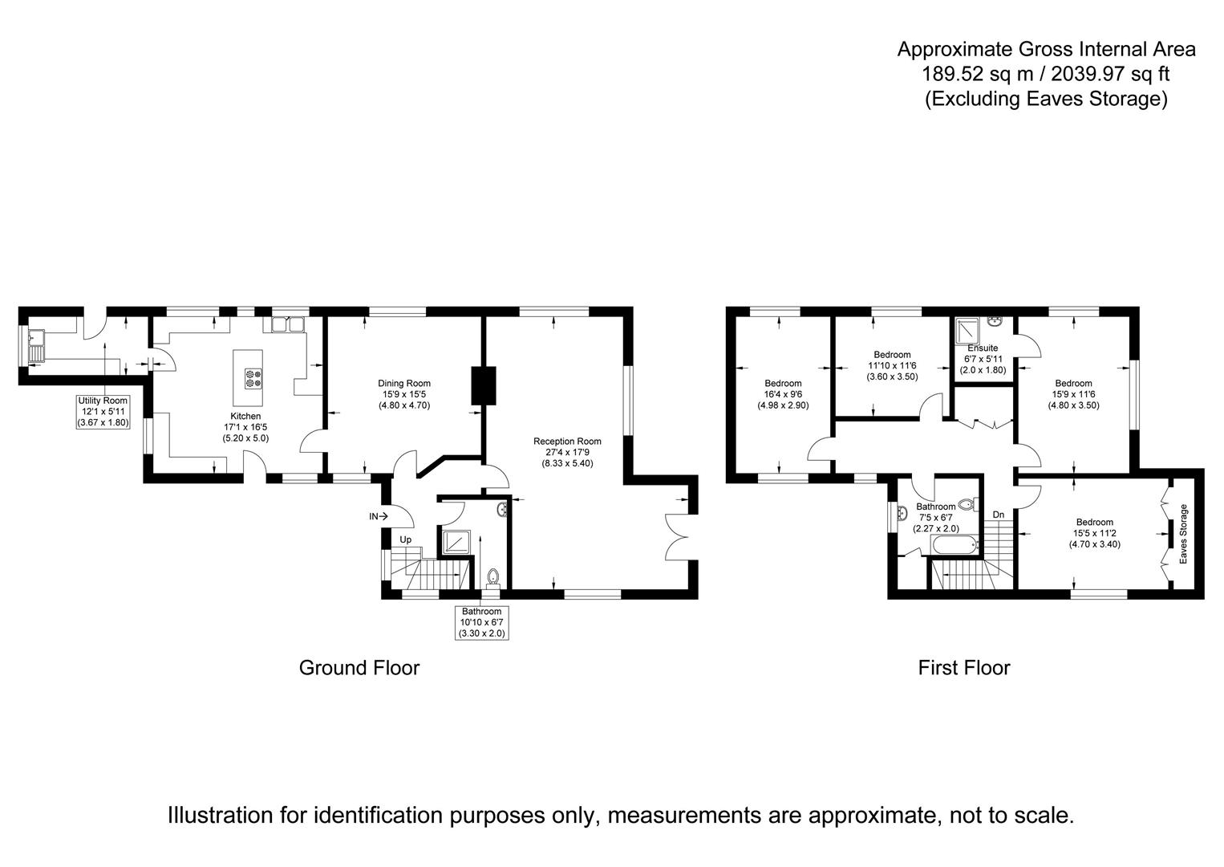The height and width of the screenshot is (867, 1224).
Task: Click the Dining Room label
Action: pos(403,384)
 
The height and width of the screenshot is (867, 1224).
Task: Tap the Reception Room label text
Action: pos(567,441)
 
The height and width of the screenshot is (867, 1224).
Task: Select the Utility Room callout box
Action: pos(103,411)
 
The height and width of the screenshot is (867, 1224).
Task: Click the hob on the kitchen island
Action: pos(253,379)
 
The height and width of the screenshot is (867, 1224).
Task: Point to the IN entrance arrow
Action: pos(378,516)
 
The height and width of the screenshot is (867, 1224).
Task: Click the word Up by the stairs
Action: pos(405,539)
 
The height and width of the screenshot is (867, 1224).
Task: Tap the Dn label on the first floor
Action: pos(999,515)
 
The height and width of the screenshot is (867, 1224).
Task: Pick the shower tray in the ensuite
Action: pos(967,332)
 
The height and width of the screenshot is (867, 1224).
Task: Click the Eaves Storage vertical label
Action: pos(1184,534)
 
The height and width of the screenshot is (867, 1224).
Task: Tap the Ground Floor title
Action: pos(359,668)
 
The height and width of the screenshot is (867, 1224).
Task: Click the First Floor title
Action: pos(964,668)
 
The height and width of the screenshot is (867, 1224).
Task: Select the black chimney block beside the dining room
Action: pos(484,385)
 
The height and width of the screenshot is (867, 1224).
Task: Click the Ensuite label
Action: pos(983,348)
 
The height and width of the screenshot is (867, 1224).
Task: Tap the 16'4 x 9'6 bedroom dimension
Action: pos(783,394)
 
